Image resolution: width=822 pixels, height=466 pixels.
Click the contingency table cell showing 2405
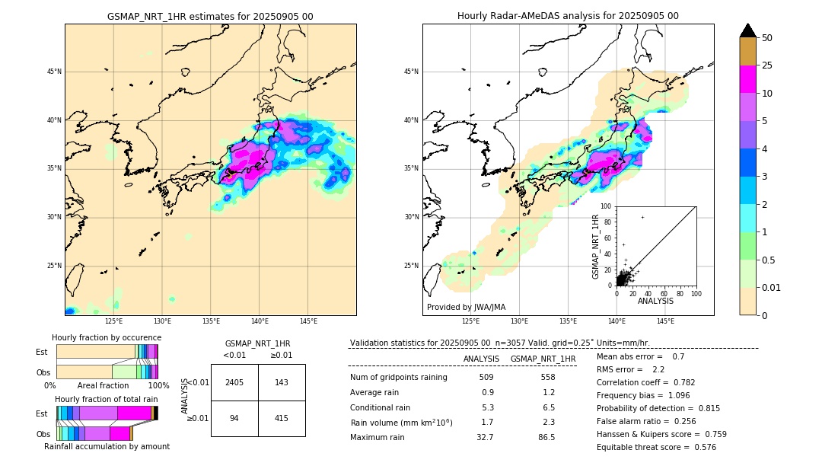point(234,382)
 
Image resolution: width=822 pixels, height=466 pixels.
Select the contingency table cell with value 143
point(282,382)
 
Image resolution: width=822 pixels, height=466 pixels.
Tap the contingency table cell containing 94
point(234,418)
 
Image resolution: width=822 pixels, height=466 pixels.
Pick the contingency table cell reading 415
point(282,418)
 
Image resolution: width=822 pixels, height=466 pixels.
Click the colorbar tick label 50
point(767,38)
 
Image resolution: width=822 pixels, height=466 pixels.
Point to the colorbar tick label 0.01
point(772,287)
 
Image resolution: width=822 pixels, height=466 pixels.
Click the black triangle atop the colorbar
point(748,30)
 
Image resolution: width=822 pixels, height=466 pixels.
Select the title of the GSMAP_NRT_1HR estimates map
point(210,16)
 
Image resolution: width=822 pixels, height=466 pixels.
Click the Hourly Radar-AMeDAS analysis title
point(568,16)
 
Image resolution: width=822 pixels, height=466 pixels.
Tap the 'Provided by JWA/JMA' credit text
point(466,308)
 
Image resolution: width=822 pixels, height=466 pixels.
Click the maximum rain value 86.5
point(546,437)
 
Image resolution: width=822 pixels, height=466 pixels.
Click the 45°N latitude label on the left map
point(54,72)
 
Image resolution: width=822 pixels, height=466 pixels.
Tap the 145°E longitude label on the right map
point(665,321)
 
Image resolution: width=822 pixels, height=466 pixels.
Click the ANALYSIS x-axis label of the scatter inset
point(655,301)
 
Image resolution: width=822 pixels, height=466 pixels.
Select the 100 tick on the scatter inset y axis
point(607,206)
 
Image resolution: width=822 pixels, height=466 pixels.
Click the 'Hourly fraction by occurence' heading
point(107,337)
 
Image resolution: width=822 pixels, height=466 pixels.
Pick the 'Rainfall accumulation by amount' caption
point(107,446)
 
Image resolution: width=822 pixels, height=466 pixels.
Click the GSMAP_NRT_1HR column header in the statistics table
point(543,359)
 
